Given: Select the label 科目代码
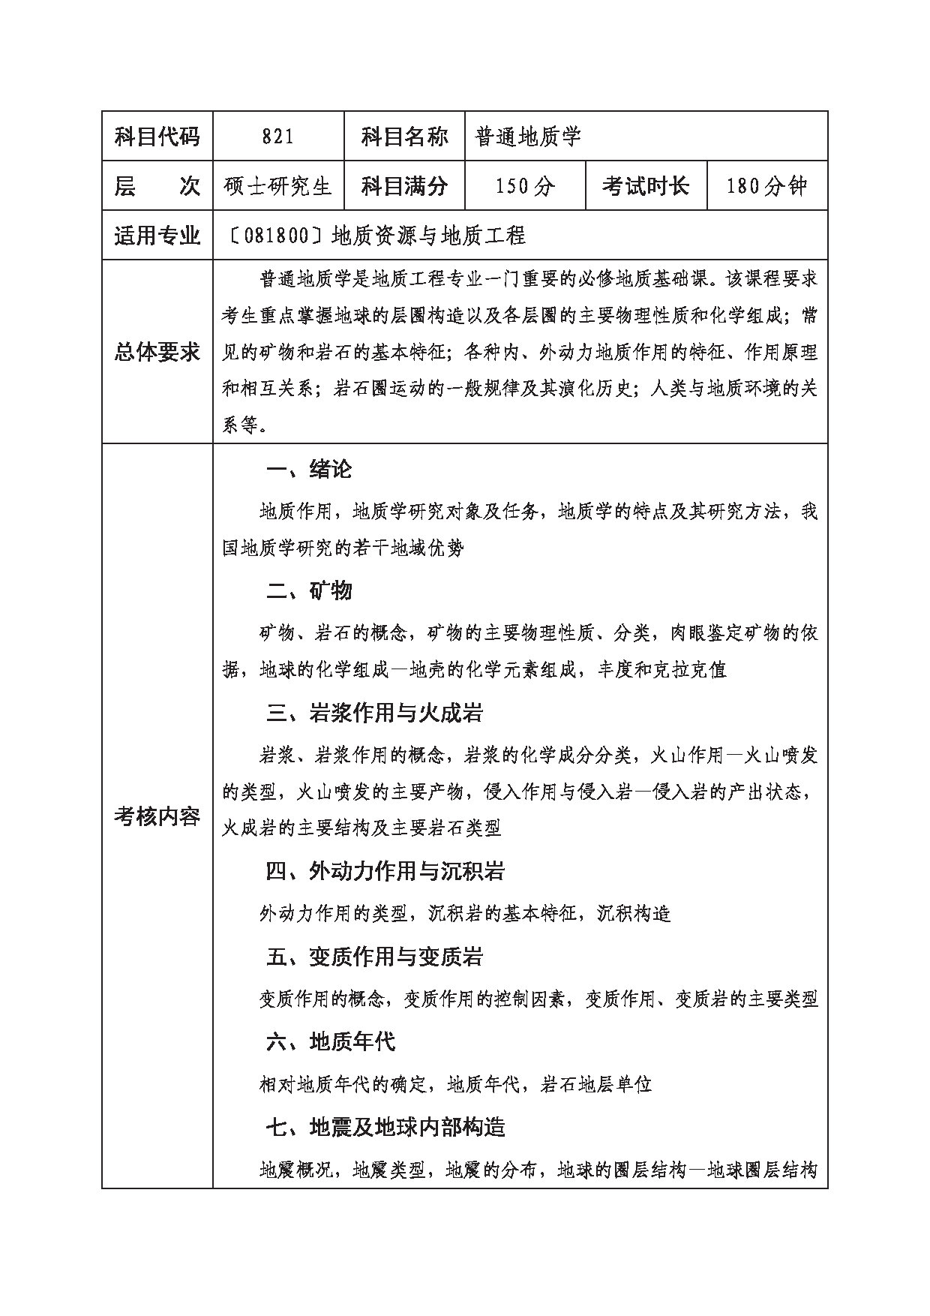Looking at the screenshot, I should pos(157,137).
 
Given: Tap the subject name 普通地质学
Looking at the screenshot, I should pos(528,137).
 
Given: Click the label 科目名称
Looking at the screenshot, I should pos(404,137).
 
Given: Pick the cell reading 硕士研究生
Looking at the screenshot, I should pos(277,186).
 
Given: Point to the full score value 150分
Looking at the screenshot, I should pos(525,186).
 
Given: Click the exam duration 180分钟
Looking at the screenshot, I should pos(766,186).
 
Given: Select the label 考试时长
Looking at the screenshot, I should pos(646,186).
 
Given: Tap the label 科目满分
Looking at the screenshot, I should pos(404,186).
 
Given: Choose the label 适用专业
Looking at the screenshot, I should pos(157,236).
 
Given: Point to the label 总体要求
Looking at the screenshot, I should pos(157,352).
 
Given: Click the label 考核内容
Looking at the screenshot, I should pos(157,816).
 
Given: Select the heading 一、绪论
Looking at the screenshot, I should pos(309,470).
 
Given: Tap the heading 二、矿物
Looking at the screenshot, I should pos(309,591).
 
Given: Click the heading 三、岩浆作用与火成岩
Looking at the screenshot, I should pos(374,713).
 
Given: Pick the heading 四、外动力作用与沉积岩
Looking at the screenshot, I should pos(385,871).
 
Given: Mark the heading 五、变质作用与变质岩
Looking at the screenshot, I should pos(374,957).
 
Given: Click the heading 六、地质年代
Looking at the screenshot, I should pos(331,1041).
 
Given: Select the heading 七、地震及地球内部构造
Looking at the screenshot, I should pos(385,1127).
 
